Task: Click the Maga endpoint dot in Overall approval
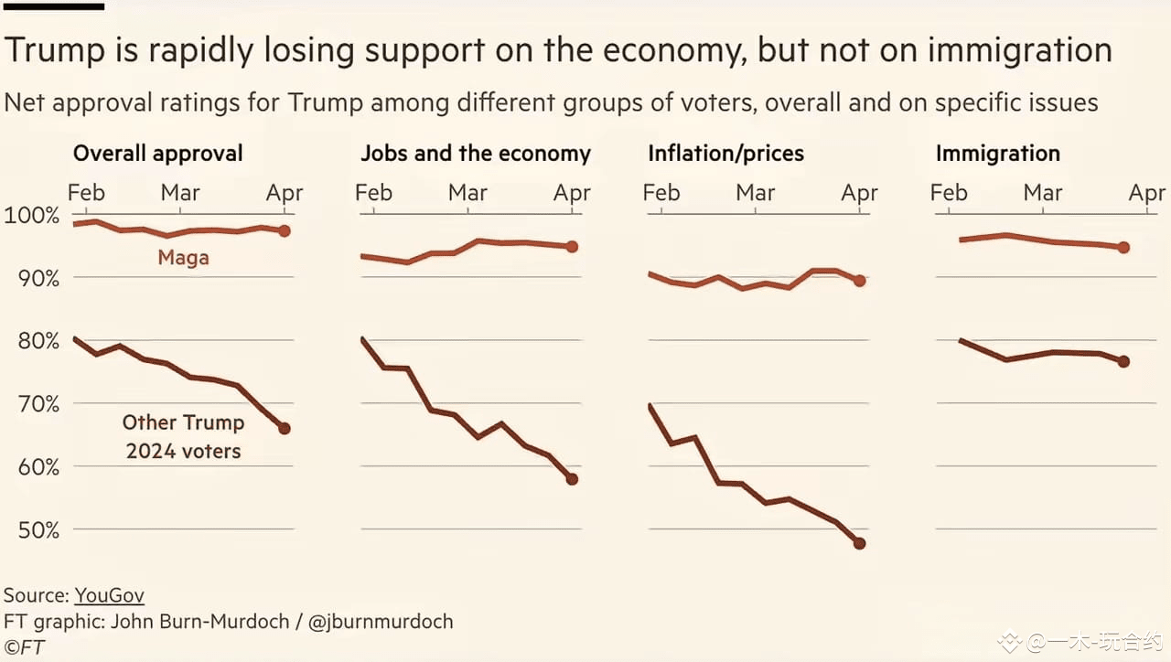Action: click(285, 231)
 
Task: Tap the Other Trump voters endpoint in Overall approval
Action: click(285, 428)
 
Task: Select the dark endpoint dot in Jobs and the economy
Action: click(572, 478)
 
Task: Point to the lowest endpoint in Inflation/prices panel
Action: click(859, 543)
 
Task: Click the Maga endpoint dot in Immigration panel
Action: click(1123, 248)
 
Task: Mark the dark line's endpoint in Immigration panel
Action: click(1123, 361)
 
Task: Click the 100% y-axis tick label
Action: click(31, 216)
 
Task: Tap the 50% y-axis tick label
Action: click(36, 530)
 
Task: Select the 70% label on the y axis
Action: click(36, 404)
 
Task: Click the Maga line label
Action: click(183, 258)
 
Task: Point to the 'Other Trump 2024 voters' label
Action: click(183, 437)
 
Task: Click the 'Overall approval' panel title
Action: click(157, 154)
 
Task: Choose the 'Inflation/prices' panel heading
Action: click(725, 154)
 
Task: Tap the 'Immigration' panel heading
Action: click(997, 154)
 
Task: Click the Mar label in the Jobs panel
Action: click(467, 193)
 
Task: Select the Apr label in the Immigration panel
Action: click(1147, 193)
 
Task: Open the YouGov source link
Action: click(109, 595)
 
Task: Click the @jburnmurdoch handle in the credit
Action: click(381, 622)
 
